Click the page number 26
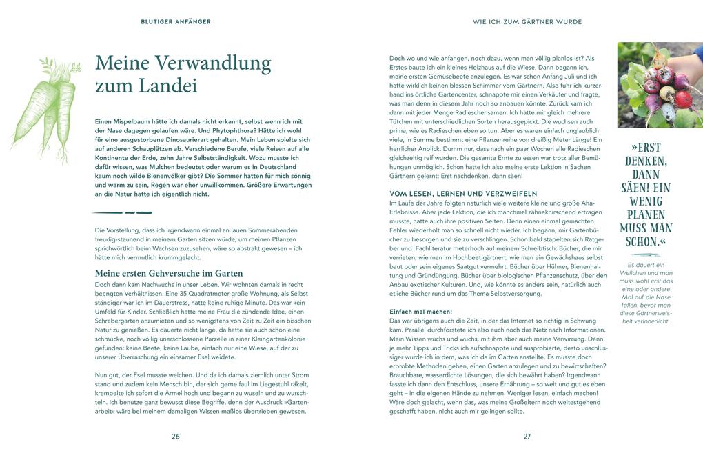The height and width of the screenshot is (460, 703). coord(176,437)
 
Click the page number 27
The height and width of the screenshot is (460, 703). coord(527,437)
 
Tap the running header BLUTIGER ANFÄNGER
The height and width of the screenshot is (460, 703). coord(176,22)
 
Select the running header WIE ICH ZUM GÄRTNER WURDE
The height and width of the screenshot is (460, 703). coord(527,22)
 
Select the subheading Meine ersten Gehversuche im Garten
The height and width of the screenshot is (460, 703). coord(169,274)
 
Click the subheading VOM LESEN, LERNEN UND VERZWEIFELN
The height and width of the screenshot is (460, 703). coord(463,194)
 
